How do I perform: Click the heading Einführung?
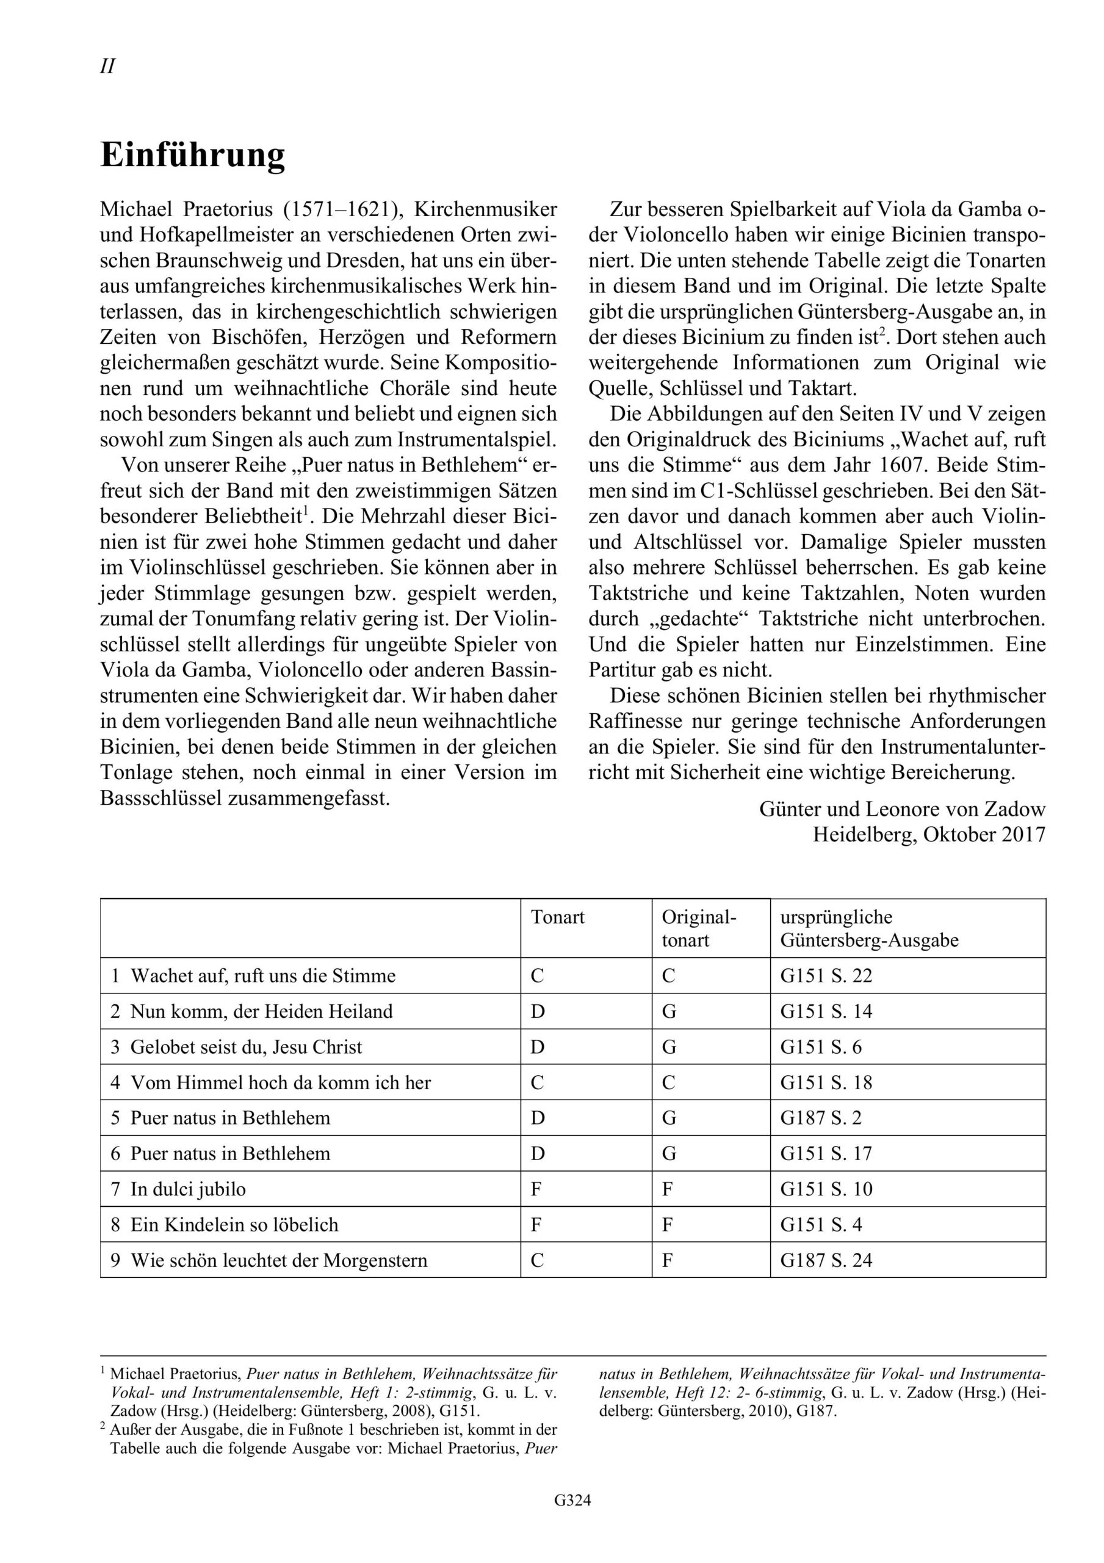[193, 156]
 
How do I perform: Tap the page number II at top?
[107, 67]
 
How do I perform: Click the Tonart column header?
[557, 917]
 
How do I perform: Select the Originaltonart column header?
[698, 929]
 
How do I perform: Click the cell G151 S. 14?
[826, 1011]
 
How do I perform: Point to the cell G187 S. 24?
[826, 1260]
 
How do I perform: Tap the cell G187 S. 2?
[821, 1118]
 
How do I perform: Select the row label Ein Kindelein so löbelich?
[234, 1225]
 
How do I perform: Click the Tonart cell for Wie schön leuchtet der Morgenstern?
[537, 1260]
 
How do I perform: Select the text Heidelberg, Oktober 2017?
[928, 835]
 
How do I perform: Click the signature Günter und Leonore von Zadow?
[902, 809]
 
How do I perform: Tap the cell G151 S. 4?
[821, 1225]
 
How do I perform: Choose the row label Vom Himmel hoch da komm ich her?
[280, 1082]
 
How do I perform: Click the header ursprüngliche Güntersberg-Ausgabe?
[868, 929]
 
